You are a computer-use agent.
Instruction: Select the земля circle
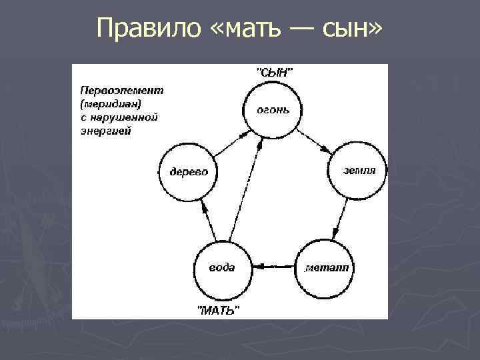point(359,170)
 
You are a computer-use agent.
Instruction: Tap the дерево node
point(189,171)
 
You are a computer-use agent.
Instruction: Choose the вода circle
point(222,268)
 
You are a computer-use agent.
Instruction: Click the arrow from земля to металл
point(341,219)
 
